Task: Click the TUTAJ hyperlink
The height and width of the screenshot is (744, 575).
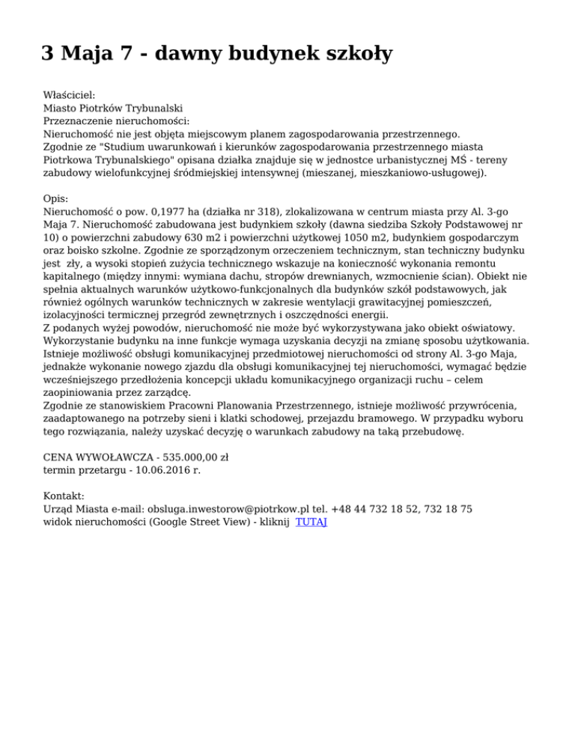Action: [311, 522]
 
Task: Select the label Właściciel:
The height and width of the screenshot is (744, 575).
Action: [70, 95]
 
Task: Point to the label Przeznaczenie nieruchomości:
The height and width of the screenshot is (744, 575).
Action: [116, 121]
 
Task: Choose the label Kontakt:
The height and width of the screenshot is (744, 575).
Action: [64, 496]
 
